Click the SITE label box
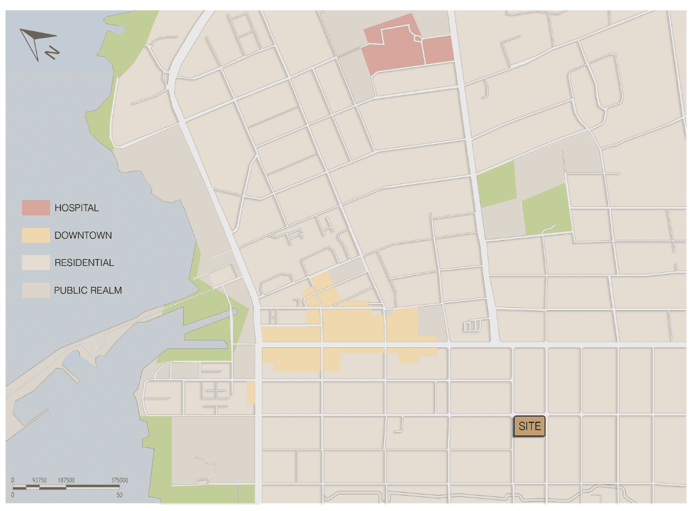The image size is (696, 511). [529, 426]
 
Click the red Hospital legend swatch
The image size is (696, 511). [35, 208]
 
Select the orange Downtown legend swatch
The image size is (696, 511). [35, 235]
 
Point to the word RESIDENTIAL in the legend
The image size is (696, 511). [84, 263]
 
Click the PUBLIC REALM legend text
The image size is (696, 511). [87, 290]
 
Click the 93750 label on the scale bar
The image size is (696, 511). [40, 480]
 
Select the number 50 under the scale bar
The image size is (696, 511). [119, 495]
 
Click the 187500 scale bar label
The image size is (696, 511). [66, 480]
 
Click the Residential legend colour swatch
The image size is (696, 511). [35, 263]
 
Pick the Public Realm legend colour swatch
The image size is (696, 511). [35, 290]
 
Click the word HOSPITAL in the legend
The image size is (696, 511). [76, 208]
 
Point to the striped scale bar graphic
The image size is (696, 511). [66, 488]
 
